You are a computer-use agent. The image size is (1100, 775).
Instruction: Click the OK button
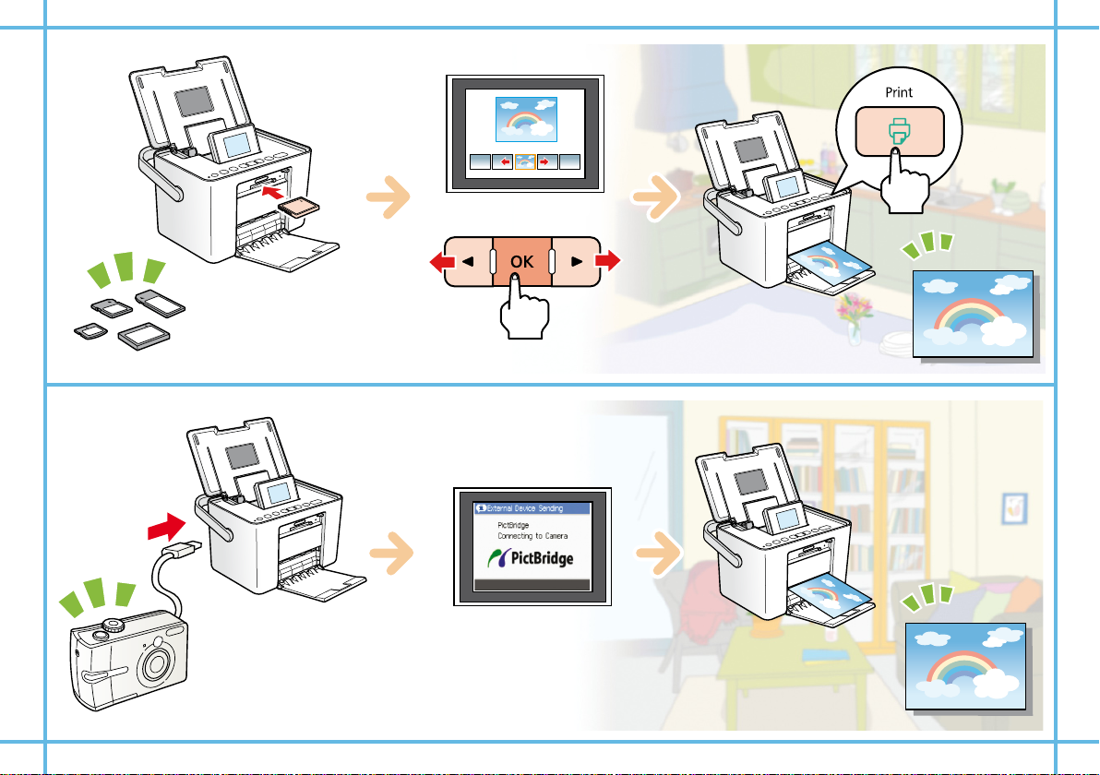coord(521,261)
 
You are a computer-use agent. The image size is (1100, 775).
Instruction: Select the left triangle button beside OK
coord(468,261)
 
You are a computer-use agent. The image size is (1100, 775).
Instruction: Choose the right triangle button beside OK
coord(576,261)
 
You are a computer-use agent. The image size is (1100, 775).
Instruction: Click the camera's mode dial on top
coord(114,624)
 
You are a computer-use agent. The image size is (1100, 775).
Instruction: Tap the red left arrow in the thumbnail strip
coord(502,161)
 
